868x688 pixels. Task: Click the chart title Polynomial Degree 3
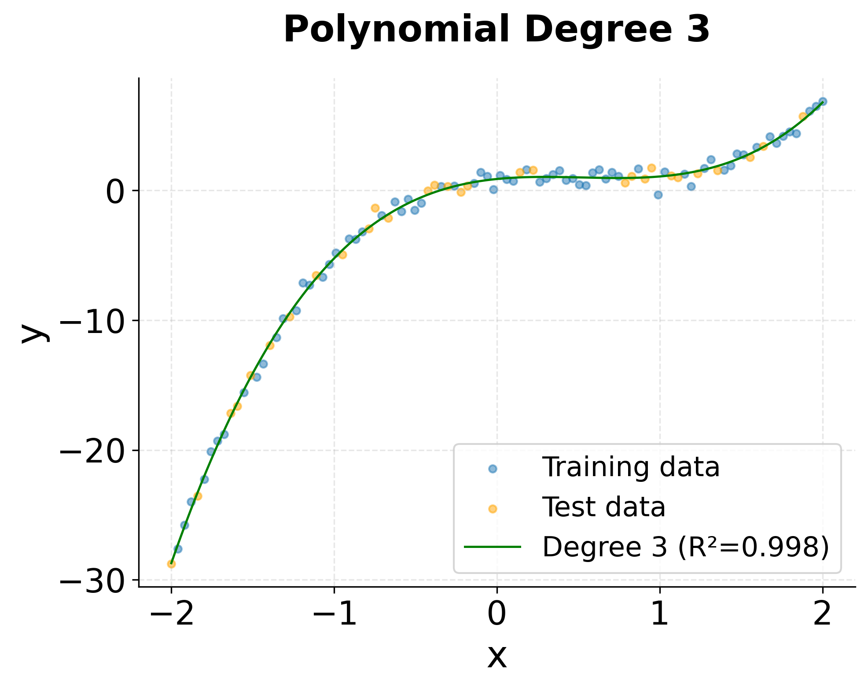496,30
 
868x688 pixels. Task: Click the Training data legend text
630,467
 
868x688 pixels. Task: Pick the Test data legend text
603,507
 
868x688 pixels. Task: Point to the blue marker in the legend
493,469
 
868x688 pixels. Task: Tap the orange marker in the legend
493,509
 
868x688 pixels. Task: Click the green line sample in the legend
493,547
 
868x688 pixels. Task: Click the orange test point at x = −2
172,564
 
